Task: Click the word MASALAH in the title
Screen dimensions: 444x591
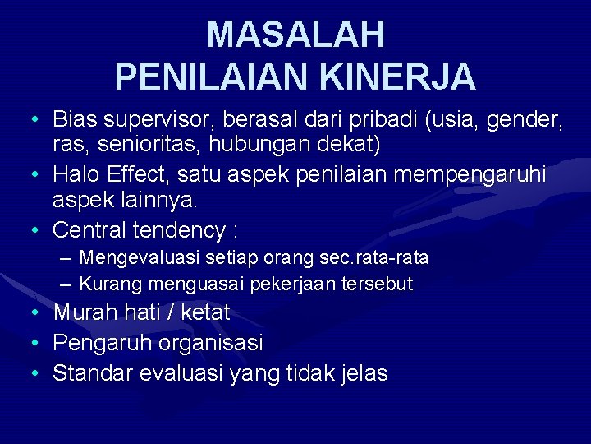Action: (x=295, y=35)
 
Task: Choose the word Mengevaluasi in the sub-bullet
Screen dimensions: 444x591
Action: (x=140, y=259)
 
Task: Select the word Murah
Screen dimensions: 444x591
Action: (x=85, y=313)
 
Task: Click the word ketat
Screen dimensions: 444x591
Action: (x=205, y=313)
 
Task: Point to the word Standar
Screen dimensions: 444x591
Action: (x=93, y=373)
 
